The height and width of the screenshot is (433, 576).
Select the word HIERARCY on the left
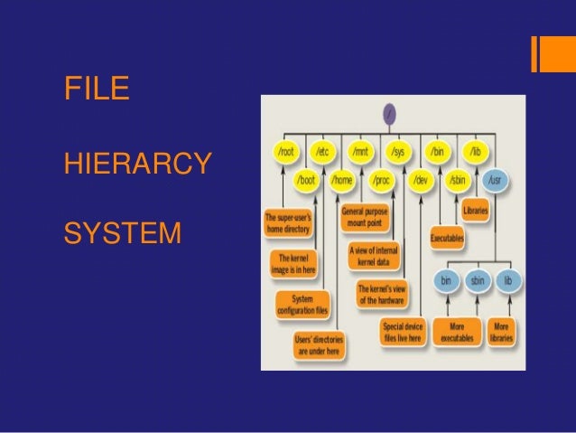(138, 165)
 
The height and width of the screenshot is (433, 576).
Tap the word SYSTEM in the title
(122, 237)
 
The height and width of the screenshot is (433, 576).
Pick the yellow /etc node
(323, 150)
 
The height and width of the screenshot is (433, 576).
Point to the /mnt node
(361, 150)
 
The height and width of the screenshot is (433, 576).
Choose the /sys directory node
(398, 150)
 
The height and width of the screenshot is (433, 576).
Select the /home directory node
(342, 180)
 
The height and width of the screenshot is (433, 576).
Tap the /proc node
(381, 180)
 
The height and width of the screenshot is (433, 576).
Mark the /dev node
(419, 180)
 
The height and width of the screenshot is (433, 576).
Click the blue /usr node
(495, 180)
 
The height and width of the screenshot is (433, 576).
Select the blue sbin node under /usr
(478, 281)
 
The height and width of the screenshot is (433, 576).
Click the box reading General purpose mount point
(365, 218)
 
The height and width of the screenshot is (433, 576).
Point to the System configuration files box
(303, 304)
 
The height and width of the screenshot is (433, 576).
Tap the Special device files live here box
(402, 331)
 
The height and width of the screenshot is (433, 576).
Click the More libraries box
(502, 331)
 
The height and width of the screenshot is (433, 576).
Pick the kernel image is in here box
(294, 263)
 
